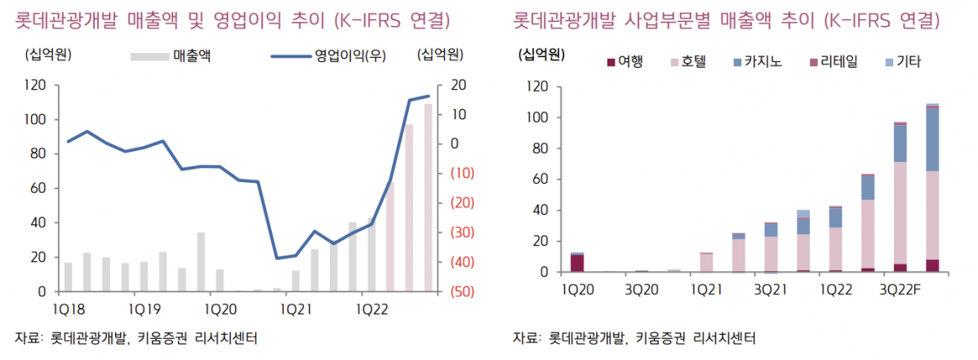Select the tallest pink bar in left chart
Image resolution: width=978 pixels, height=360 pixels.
429,197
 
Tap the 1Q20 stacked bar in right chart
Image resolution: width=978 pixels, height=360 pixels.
577,262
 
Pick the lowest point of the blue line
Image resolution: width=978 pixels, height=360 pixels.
277,258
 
